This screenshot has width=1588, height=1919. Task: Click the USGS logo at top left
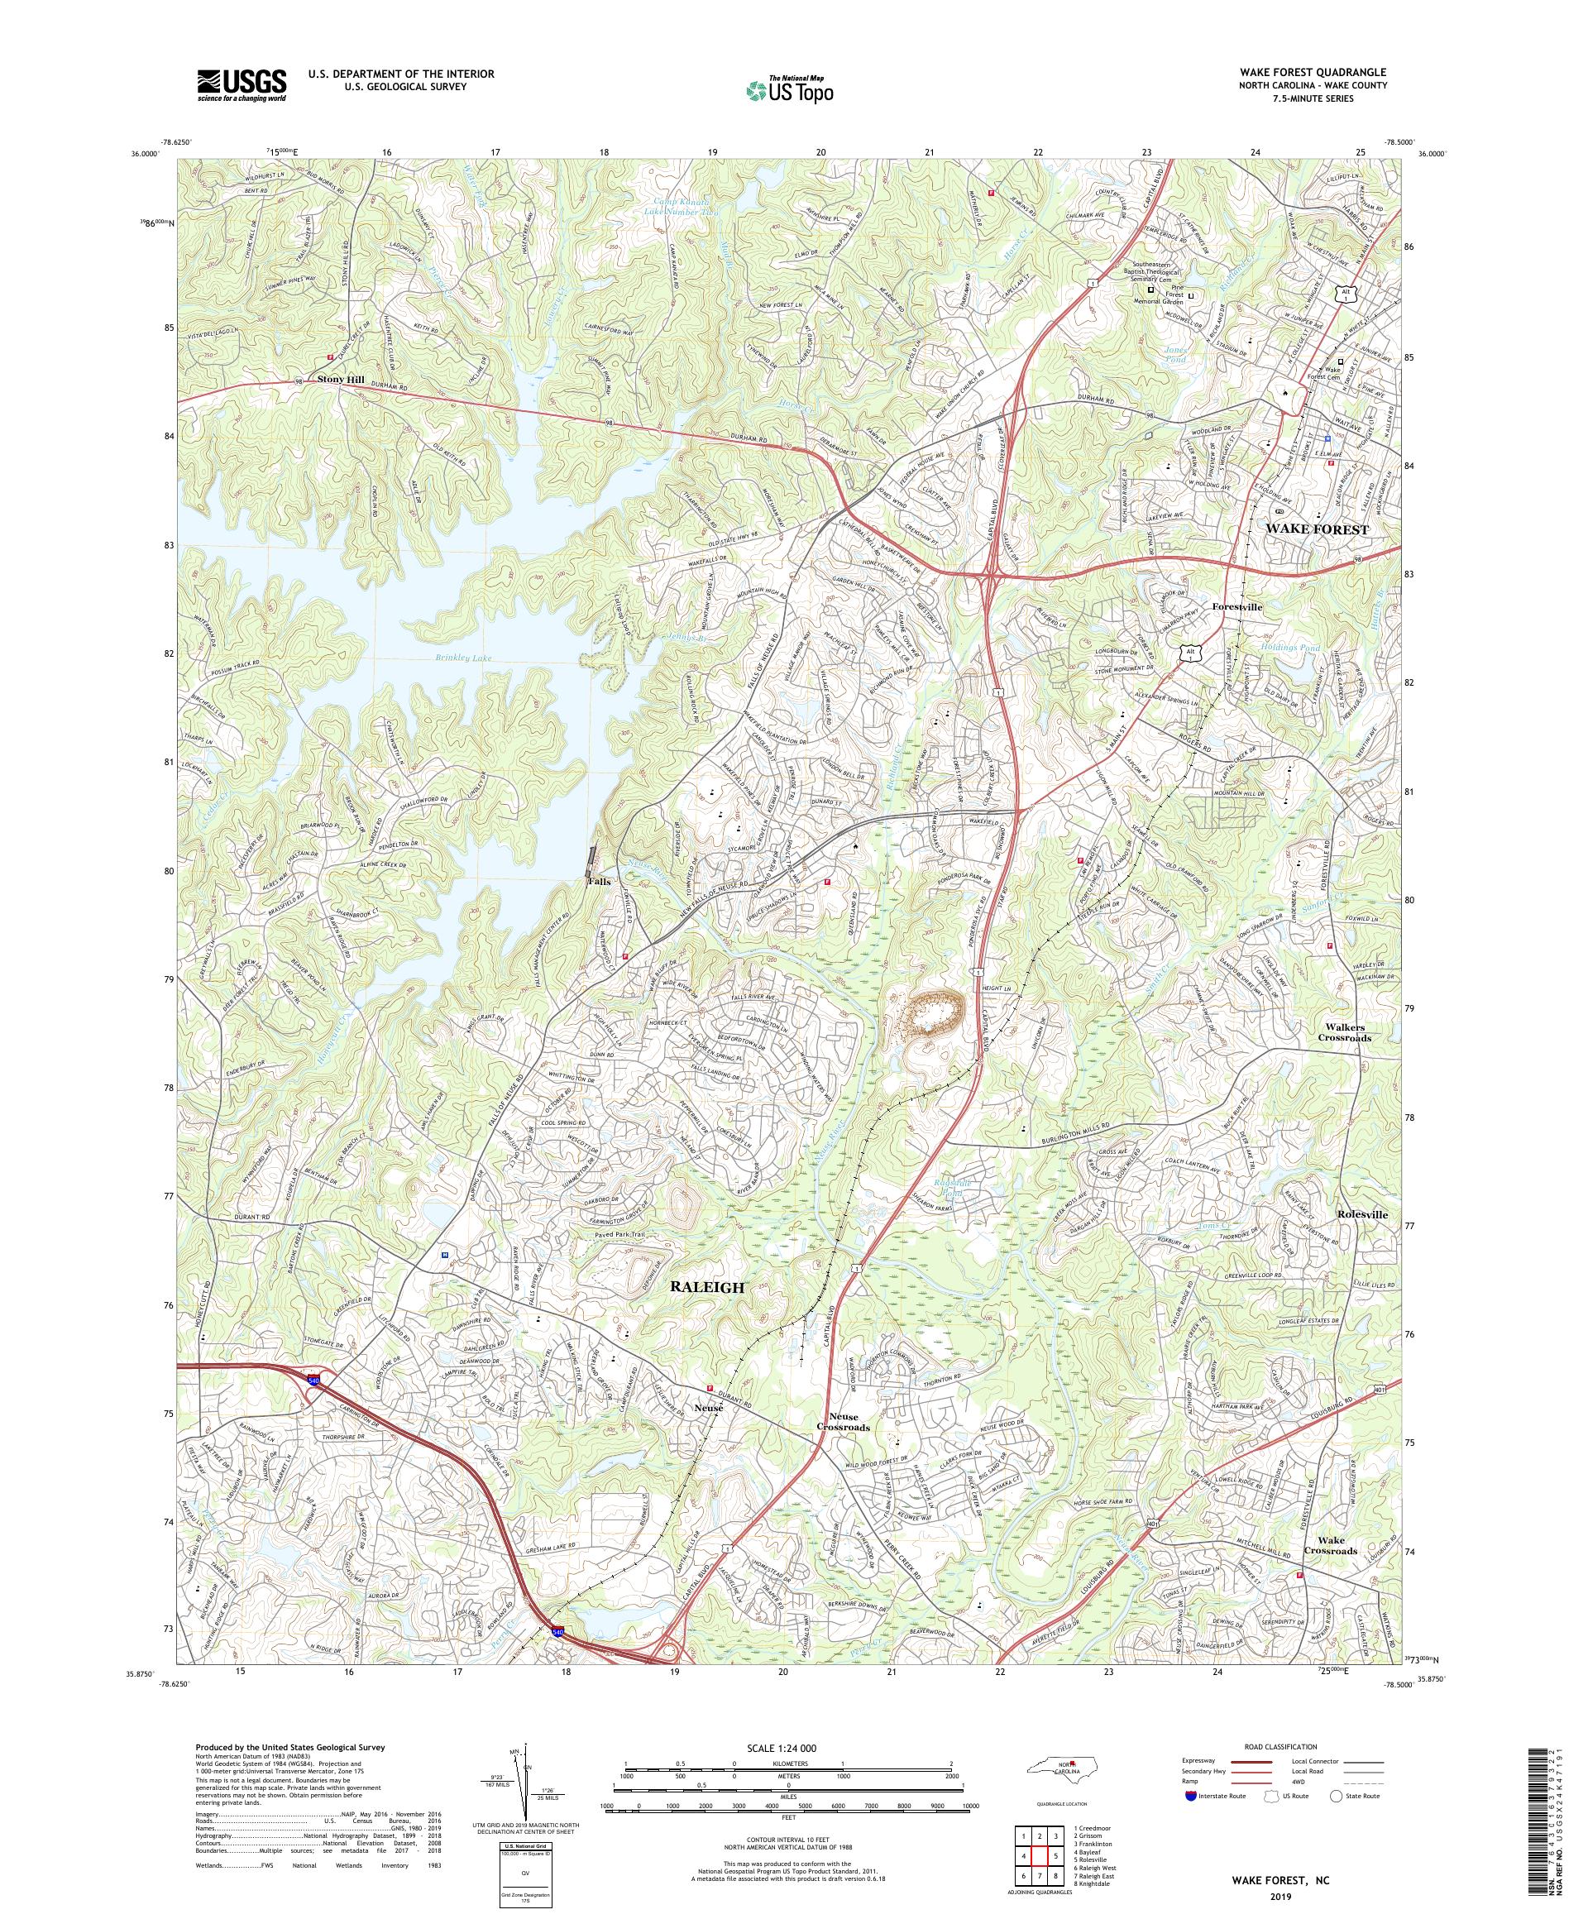click(x=242, y=85)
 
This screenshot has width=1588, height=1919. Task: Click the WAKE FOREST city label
click(x=1317, y=529)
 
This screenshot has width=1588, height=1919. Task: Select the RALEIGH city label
click(x=708, y=1287)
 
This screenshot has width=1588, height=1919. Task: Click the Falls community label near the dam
click(x=599, y=882)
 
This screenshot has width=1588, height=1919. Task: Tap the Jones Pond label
click(x=1175, y=356)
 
